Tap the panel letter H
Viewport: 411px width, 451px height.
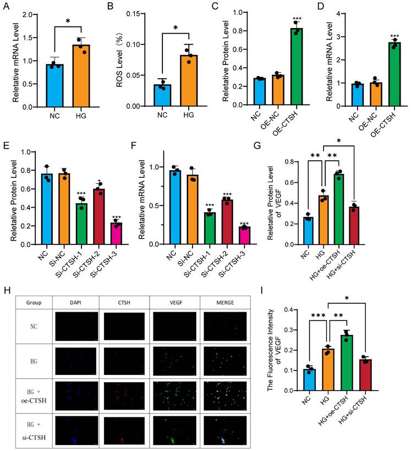[6, 290]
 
